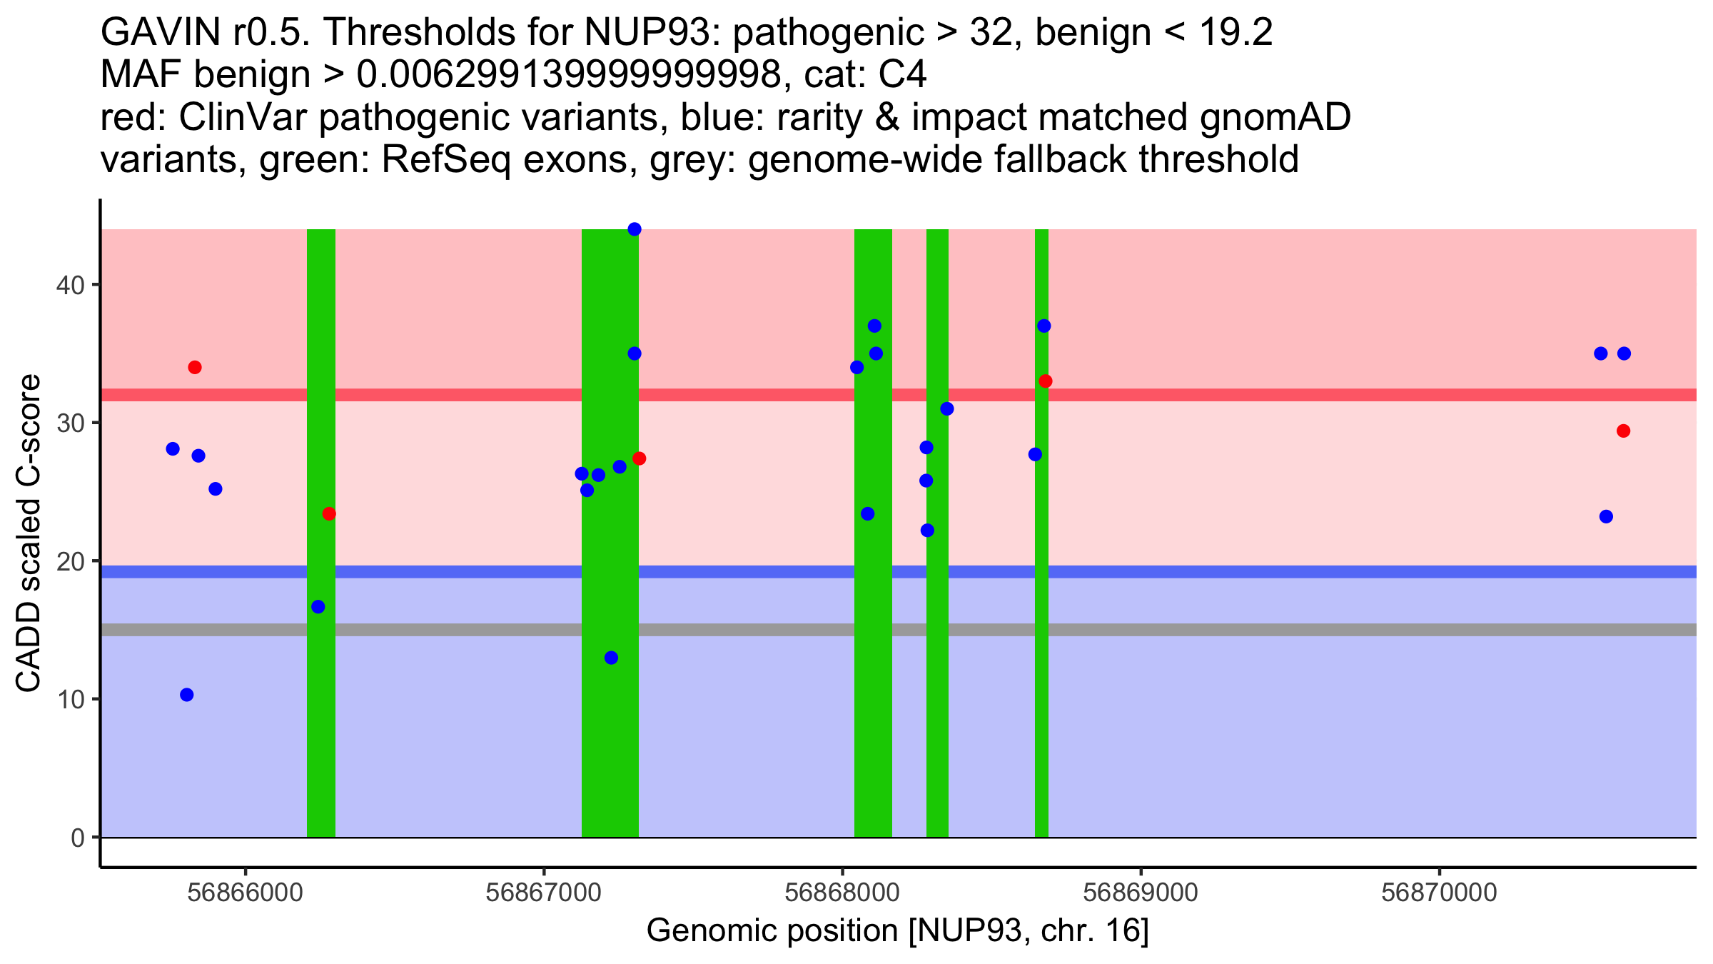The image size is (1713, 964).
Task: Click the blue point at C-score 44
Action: [635, 229]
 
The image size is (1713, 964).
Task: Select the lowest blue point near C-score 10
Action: [187, 695]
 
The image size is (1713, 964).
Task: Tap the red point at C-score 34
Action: [195, 368]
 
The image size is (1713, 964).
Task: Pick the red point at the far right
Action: [1623, 431]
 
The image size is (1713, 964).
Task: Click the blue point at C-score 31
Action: [947, 409]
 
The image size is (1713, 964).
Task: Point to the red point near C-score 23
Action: [329, 514]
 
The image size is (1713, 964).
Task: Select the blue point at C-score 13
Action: [611, 658]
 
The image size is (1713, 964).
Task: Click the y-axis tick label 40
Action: [70, 286]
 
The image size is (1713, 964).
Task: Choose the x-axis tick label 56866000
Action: [245, 893]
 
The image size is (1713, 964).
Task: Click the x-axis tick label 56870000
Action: [1439, 893]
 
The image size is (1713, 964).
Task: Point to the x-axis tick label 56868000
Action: [842, 893]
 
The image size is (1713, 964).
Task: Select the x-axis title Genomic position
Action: [897, 931]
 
